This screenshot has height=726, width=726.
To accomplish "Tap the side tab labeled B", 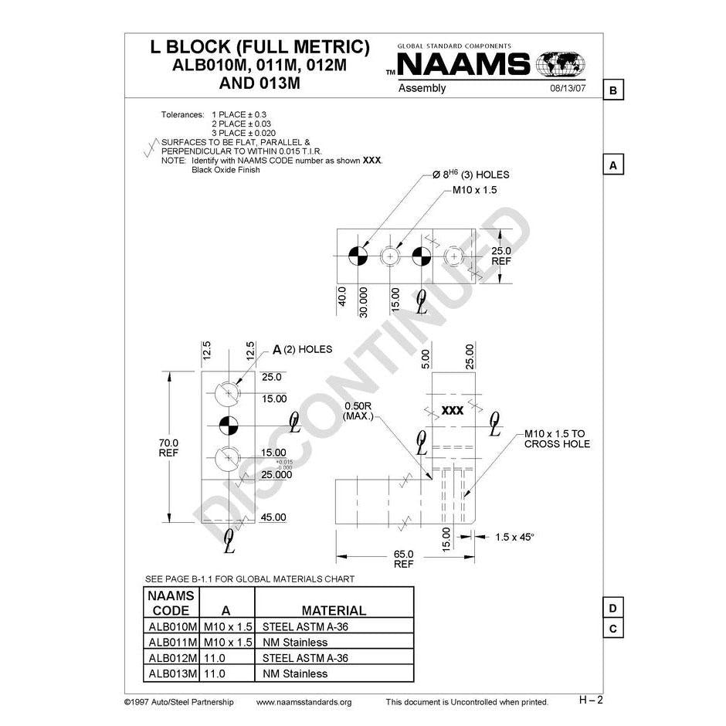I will coord(612,91).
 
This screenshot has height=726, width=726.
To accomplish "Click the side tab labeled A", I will coord(612,165).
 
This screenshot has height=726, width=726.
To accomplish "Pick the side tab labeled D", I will coord(612,609).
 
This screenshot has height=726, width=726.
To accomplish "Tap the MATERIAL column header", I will coord(334,610).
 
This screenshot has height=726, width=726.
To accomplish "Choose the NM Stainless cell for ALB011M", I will coord(296,642).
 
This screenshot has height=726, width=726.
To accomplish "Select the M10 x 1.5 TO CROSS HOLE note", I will coord(556,439).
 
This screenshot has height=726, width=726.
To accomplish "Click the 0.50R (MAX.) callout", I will coord(358,412).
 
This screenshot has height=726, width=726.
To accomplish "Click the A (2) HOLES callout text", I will coord(301,349).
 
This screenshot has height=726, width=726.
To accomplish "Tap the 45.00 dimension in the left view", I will coord(274,517).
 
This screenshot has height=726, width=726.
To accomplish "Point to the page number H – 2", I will coord(591,700).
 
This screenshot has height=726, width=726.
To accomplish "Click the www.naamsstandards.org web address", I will coord(303,702).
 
